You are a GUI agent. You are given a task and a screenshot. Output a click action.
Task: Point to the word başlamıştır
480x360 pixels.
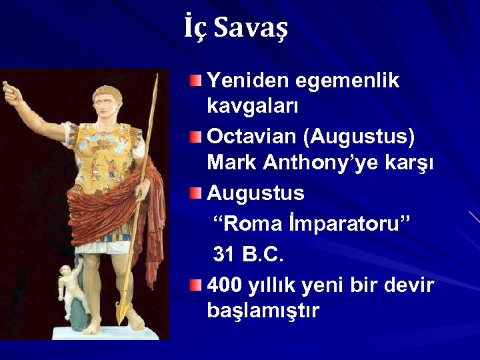click(263, 311)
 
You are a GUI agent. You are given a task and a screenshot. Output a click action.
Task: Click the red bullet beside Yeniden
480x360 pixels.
click(194, 82)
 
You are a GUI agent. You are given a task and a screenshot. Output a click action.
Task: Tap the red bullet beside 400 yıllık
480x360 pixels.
click(194, 286)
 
